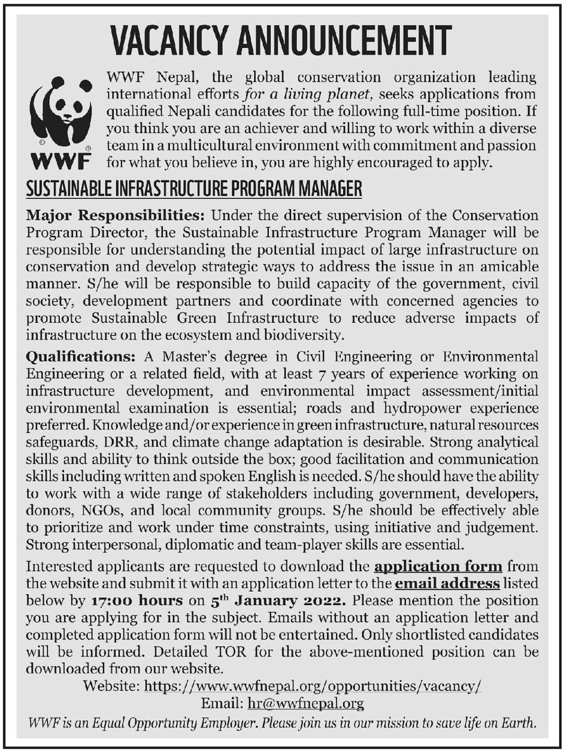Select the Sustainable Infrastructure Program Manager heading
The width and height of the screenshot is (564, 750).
click(195, 190)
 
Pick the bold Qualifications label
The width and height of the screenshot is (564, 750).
click(81, 358)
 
